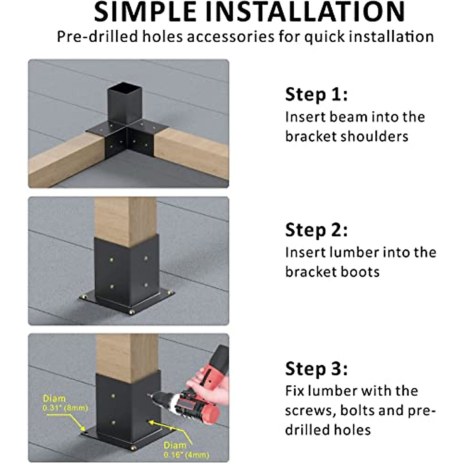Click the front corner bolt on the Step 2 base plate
click(x=132, y=311)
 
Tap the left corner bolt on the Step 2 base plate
click(x=84, y=297)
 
